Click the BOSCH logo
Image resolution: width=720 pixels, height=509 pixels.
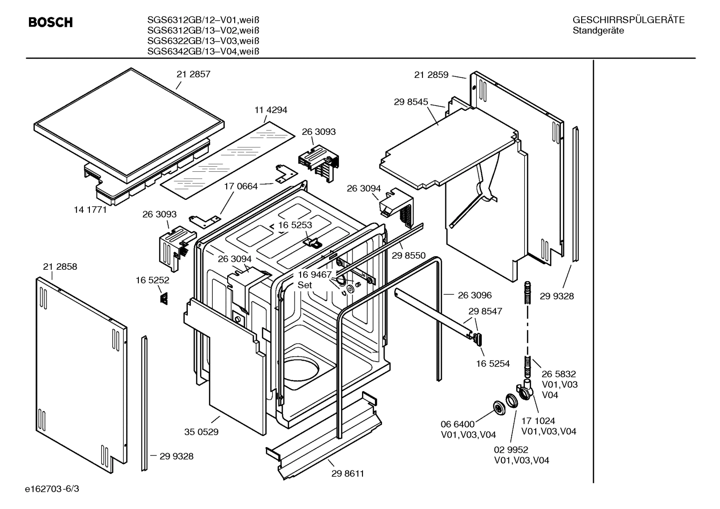pos(50,22)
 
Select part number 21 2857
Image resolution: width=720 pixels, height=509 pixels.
pos(193,74)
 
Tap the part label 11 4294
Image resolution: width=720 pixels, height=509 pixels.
pos(271,110)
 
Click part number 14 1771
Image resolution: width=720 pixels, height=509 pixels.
pos(90,210)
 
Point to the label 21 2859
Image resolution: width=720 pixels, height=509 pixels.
pos(431,75)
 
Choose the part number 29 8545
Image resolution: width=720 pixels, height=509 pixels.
pos(411,102)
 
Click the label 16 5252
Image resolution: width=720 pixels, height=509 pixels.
pos(152,280)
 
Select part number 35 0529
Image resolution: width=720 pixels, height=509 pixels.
pos(201,432)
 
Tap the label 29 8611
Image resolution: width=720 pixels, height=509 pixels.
pos(348,474)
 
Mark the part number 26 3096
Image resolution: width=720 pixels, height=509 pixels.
pos(474,295)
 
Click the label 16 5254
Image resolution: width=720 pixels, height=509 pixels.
pos(493,364)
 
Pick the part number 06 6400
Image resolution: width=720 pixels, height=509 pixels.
pos(457,424)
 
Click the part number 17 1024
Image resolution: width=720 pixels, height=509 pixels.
pos(538,421)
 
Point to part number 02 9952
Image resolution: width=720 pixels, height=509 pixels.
pos(511,450)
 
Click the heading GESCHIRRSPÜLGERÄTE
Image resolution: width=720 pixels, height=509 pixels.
pos(628,20)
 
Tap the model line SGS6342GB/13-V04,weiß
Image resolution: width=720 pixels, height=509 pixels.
pos(203,51)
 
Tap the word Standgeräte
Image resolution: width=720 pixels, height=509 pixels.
pos(598,30)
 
